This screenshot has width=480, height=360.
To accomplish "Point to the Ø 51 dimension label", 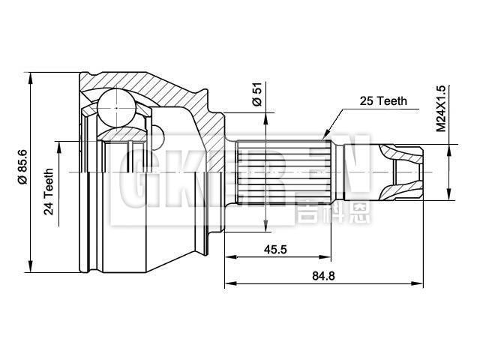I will pyautogui.click(x=257, y=95).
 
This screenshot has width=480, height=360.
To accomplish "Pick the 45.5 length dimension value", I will pyautogui.click(x=274, y=250).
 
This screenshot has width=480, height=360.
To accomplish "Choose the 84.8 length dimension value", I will pyautogui.click(x=324, y=275).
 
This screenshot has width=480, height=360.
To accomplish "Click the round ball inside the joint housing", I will pyautogui.click(x=115, y=106).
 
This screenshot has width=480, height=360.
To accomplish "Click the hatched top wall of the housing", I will pyautogui.click(x=142, y=82).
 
